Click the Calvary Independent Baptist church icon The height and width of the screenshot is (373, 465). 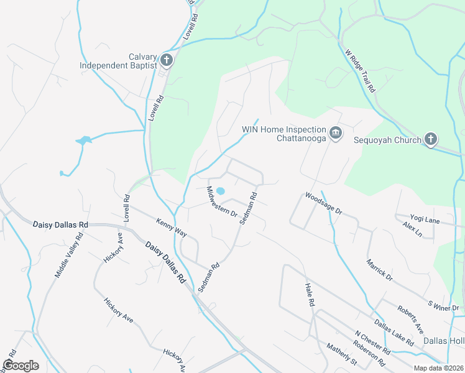click(x=166, y=60)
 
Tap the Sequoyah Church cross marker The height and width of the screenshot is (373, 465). click(x=431, y=139)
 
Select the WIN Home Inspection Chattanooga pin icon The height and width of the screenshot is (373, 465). click(x=336, y=133)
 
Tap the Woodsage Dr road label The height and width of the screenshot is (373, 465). click(x=323, y=203)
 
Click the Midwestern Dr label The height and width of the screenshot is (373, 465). click(x=222, y=201)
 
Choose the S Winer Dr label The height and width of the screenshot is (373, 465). click(x=443, y=305)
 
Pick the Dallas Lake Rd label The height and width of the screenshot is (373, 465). click(x=394, y=333)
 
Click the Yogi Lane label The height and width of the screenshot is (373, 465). click(x=425, y=219)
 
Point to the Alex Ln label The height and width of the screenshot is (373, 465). click(x=412, y=230)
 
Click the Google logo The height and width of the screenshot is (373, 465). click(x=21, y=366)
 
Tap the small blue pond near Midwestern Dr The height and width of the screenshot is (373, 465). click(x=220, y=190)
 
